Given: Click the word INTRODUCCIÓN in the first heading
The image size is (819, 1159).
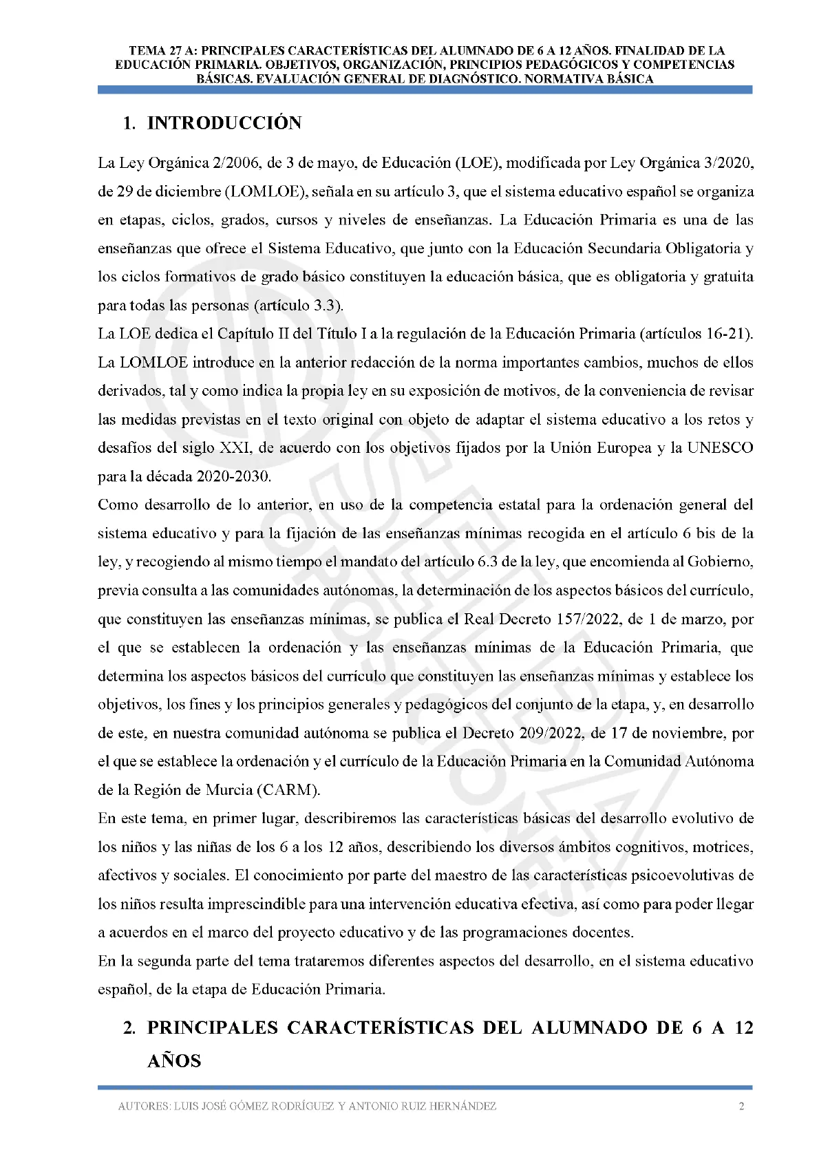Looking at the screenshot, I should coord(224,123).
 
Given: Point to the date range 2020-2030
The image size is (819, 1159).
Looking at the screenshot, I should coord(233,476).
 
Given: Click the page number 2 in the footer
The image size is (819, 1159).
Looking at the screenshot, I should coord(741,1107).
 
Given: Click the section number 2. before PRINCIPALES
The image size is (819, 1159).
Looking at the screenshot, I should coord(129,1028).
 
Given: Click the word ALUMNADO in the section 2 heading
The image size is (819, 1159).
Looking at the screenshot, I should coord(589,1028).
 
